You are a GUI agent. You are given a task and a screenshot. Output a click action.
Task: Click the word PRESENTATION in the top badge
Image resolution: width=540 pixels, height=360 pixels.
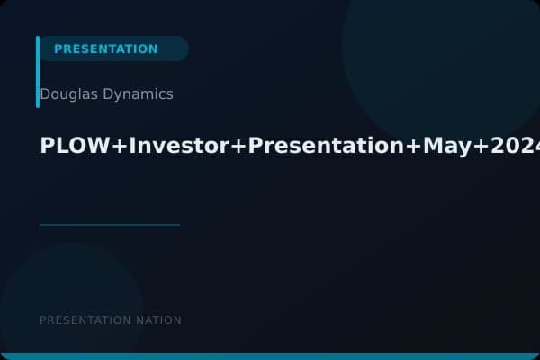105,49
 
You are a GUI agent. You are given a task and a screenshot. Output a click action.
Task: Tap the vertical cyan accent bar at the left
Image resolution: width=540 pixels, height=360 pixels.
38,72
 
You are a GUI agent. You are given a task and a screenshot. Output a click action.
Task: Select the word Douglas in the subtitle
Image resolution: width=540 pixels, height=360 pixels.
67,94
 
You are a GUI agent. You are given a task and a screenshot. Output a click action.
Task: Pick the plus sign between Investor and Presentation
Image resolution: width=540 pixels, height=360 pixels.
238,147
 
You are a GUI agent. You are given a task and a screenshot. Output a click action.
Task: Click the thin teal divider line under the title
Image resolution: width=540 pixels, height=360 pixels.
109,225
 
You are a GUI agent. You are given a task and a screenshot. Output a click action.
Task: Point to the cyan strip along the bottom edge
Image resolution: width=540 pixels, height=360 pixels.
270,356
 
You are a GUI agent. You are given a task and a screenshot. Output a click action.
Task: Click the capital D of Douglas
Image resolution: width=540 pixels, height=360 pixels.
45,94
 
